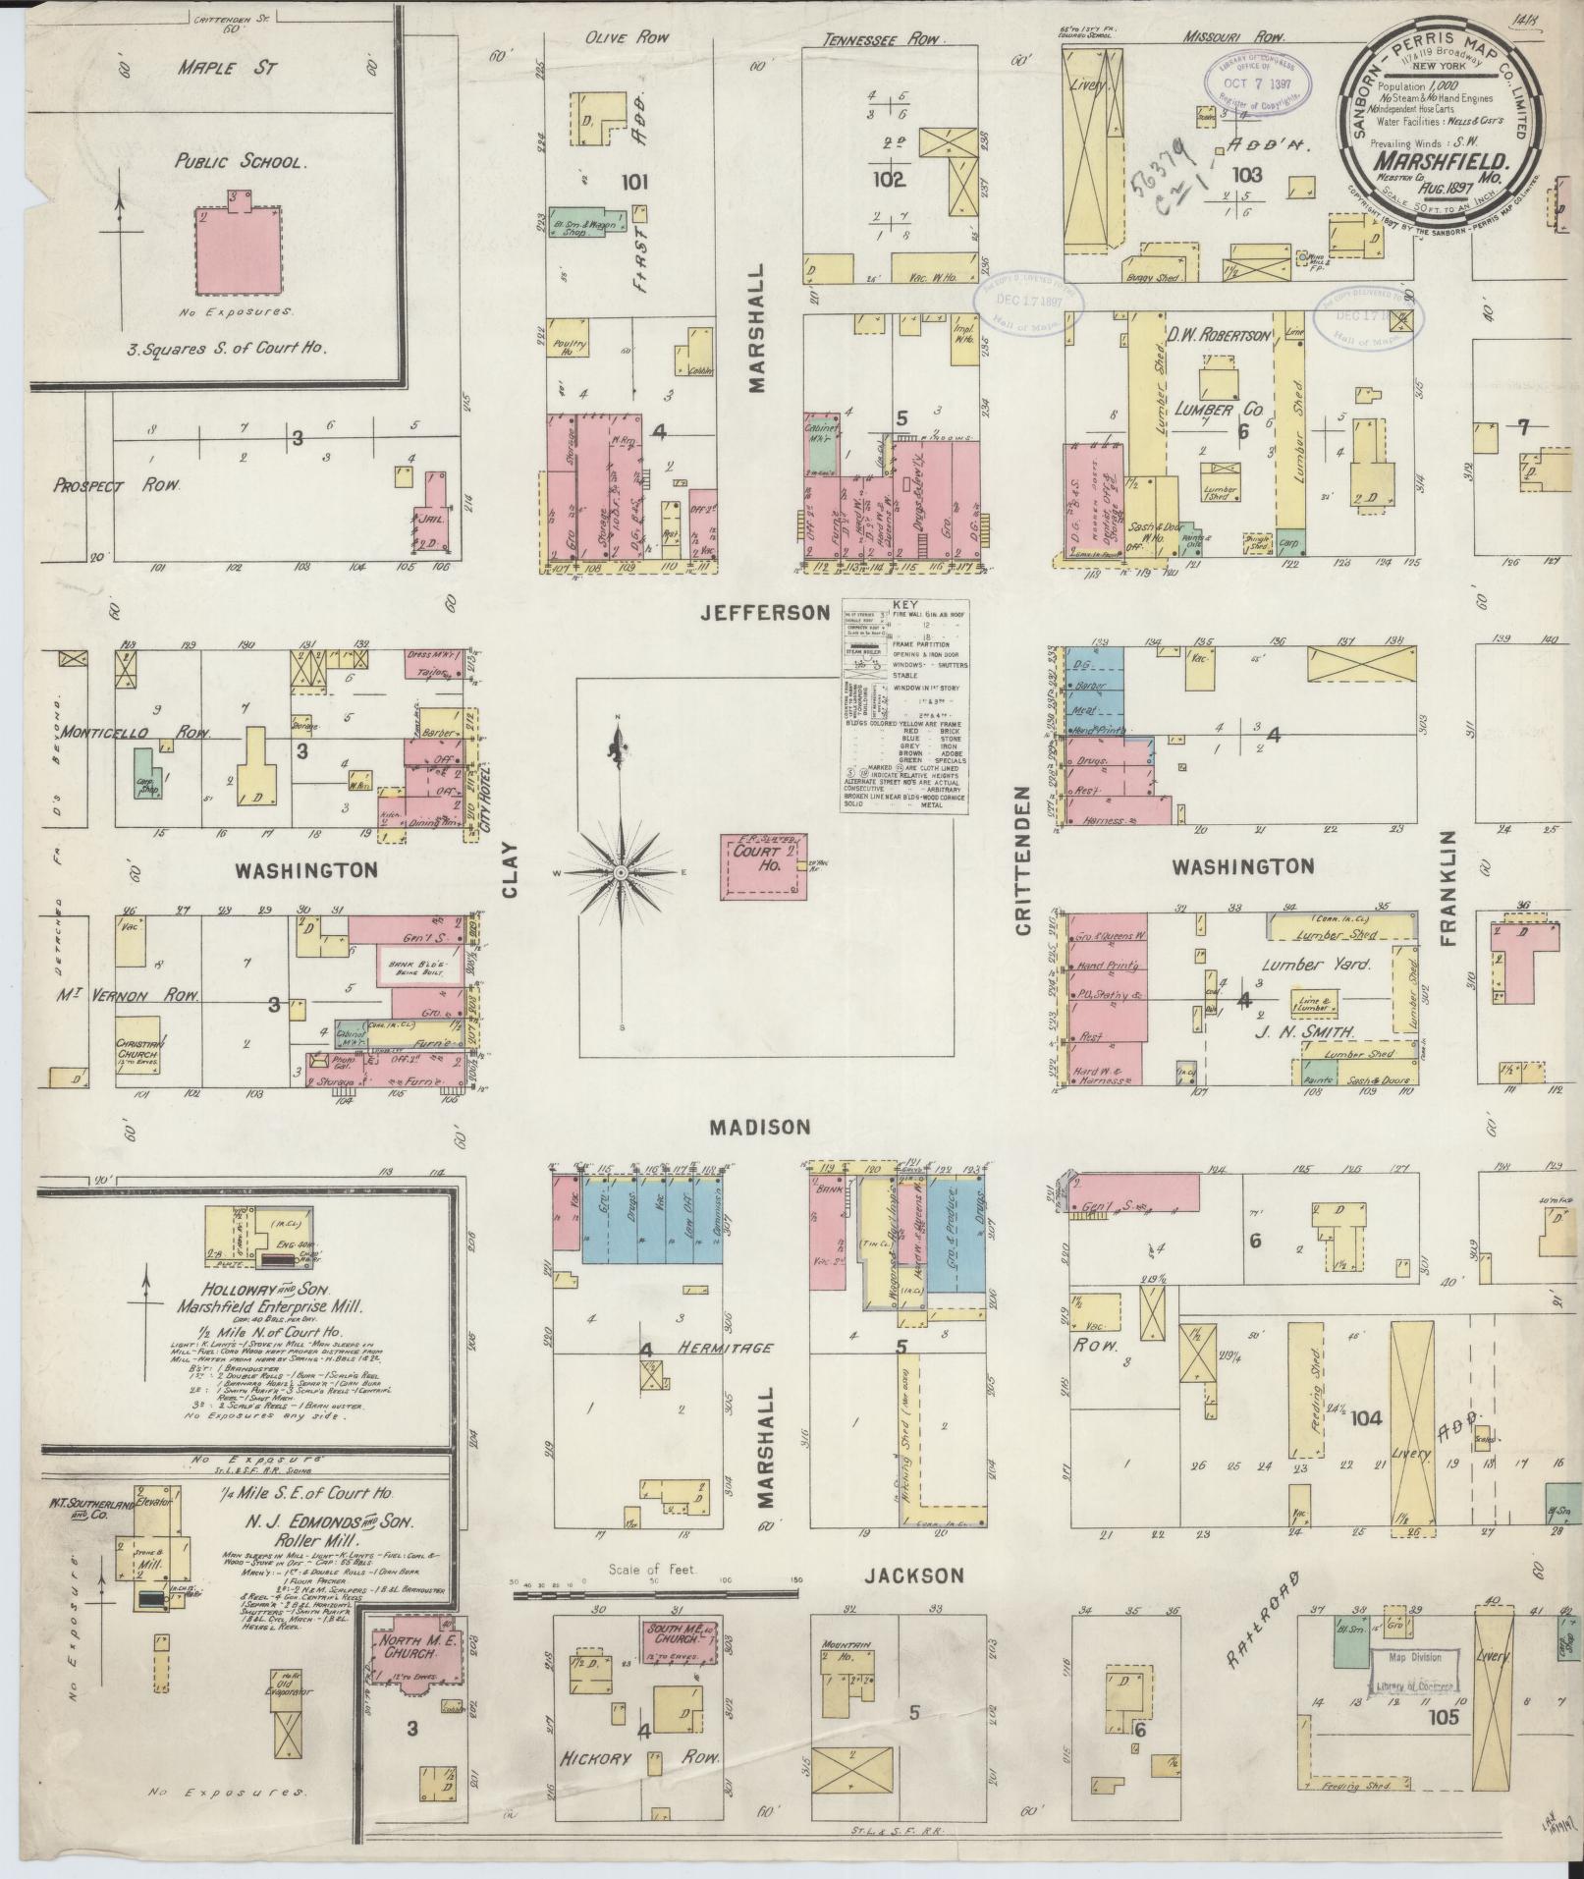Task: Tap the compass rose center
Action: pos(620,872)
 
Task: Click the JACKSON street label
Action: pos(914,1575)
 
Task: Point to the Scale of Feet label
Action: pos(651,1570)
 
